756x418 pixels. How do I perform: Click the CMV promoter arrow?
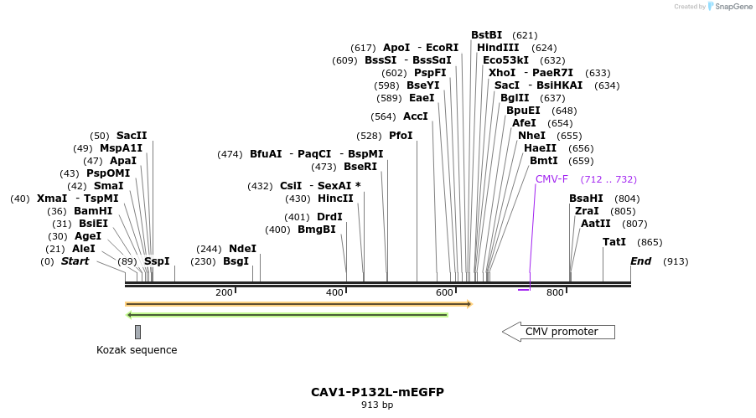click(x=558, y=332)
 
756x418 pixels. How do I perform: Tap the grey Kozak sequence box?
click(x=137, y=332)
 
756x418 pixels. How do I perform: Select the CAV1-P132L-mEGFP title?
click(x=377, y=392)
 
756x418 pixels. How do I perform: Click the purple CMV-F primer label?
click(x=551, y=178)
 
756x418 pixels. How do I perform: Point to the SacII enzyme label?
click(x=132, y=136)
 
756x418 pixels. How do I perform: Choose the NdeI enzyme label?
click(x=242, y=249)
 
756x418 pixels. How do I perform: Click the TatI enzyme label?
click(x=614, y=242)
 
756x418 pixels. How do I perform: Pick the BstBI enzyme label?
click(x=486, y=35)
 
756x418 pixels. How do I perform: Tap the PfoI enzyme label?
click(x=401, y=136)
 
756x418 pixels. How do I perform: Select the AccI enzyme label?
click(x=415, y=116)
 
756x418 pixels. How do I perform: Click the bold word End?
click(x=640, y=261)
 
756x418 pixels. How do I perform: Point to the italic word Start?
click(x=75, y=261)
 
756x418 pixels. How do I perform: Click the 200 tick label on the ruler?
click(x=224, y=292)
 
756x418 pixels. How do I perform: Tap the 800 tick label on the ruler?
click(x=555, y=292)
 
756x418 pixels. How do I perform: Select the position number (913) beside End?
click(x=676, y=261)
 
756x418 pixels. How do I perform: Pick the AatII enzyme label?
click(x=596, y=224)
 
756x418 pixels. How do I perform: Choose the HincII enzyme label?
click(x=335, y=199)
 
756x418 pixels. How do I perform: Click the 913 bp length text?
click(x=377, y=405)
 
